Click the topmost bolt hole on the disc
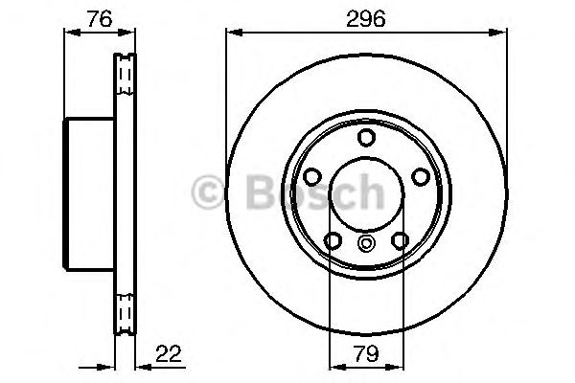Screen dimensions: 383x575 365,138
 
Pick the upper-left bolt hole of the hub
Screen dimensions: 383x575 312,176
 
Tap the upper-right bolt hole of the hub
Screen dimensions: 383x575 418,176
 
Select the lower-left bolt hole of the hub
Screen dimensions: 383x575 333,238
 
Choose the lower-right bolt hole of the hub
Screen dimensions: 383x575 398,238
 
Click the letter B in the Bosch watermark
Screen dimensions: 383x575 257,194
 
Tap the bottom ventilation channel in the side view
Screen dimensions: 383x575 123,311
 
